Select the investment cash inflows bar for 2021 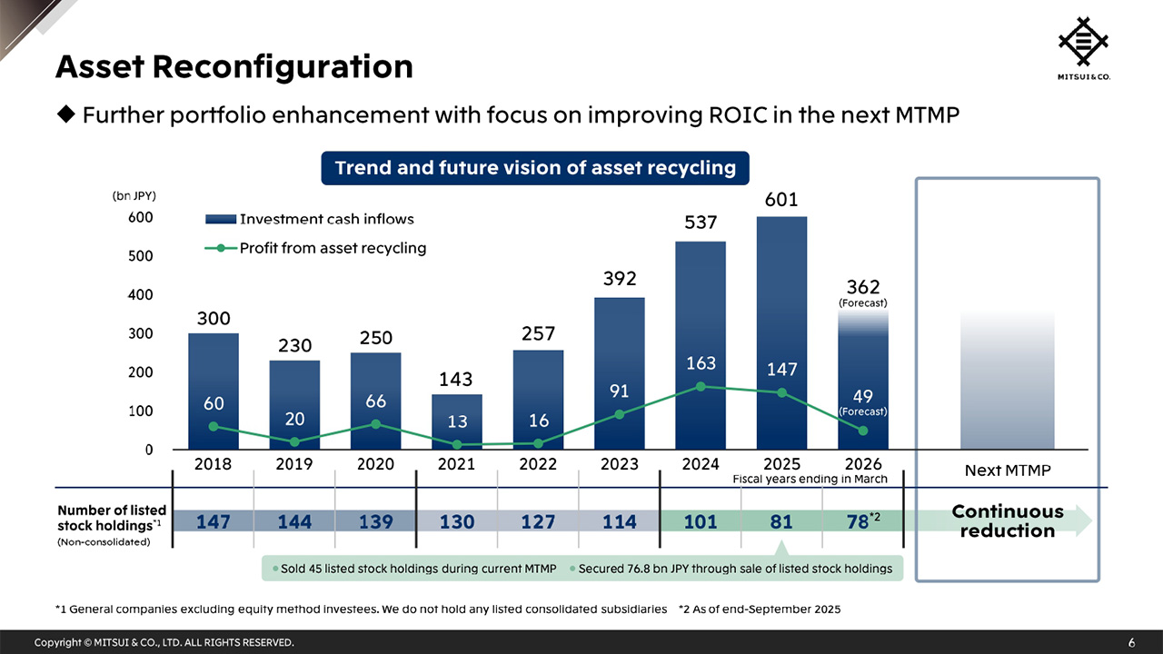pos(457,421)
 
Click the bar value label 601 pos(781,199)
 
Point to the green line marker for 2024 pos(701,386)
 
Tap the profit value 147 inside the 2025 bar pos(781,370)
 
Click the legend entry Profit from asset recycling pos(332,248)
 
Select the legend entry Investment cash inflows pos(326,219)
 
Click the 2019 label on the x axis pos(294,464)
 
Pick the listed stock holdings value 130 pos(457,522)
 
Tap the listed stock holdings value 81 pos(781,522)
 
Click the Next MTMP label pos(1007,471)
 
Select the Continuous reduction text pos(1007,521)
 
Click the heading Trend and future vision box pos(535,168)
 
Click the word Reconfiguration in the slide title pos(283,66)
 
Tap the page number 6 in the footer pos(1131,643)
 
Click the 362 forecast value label pos(862,287)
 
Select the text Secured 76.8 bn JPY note pos(734,569)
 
